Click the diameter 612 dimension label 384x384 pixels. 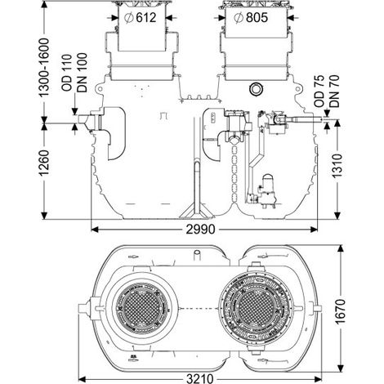[x=141, y=18]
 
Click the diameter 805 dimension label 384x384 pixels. [x=251, y=18]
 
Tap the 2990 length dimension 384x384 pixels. [x=200, y=230]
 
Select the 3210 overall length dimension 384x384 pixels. [x=200, y=379]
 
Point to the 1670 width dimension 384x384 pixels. [x=340, y=311]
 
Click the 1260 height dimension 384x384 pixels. [x=44, y=163]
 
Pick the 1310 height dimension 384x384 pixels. [x=337, y=166]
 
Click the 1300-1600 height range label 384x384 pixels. [x=44, y=68]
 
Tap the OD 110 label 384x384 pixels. [x=67, y=73]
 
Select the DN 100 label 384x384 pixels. [x=82, y=73]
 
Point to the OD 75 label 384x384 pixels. [x=319, y=91]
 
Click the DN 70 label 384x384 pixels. [x=334, y=91]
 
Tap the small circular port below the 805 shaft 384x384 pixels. [x=256, y=89]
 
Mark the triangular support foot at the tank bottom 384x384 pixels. [x=197, y=212]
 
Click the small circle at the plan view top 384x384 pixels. [x=197, y=252]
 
